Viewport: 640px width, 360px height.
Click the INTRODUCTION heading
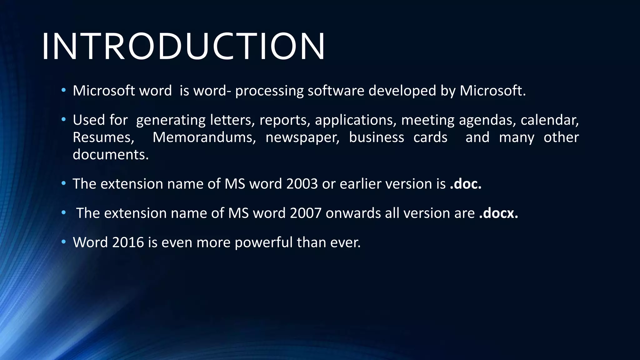click(x=183, y=46)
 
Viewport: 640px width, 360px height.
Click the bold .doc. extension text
click(x=466, y=184)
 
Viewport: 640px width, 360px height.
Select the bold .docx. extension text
click(x=498, y=213)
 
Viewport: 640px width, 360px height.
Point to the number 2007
click(x=305, y=213)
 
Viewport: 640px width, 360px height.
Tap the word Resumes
click(x=103, y=137)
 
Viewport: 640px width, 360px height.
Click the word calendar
click(x=550, y=120)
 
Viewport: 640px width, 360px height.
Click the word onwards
click(x=353, y=213)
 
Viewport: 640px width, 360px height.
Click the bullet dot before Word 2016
click(x=64, y=242)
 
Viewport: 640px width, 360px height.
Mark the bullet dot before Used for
click(x=64, y=119)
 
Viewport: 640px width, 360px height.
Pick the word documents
click(x=111, y=155)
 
